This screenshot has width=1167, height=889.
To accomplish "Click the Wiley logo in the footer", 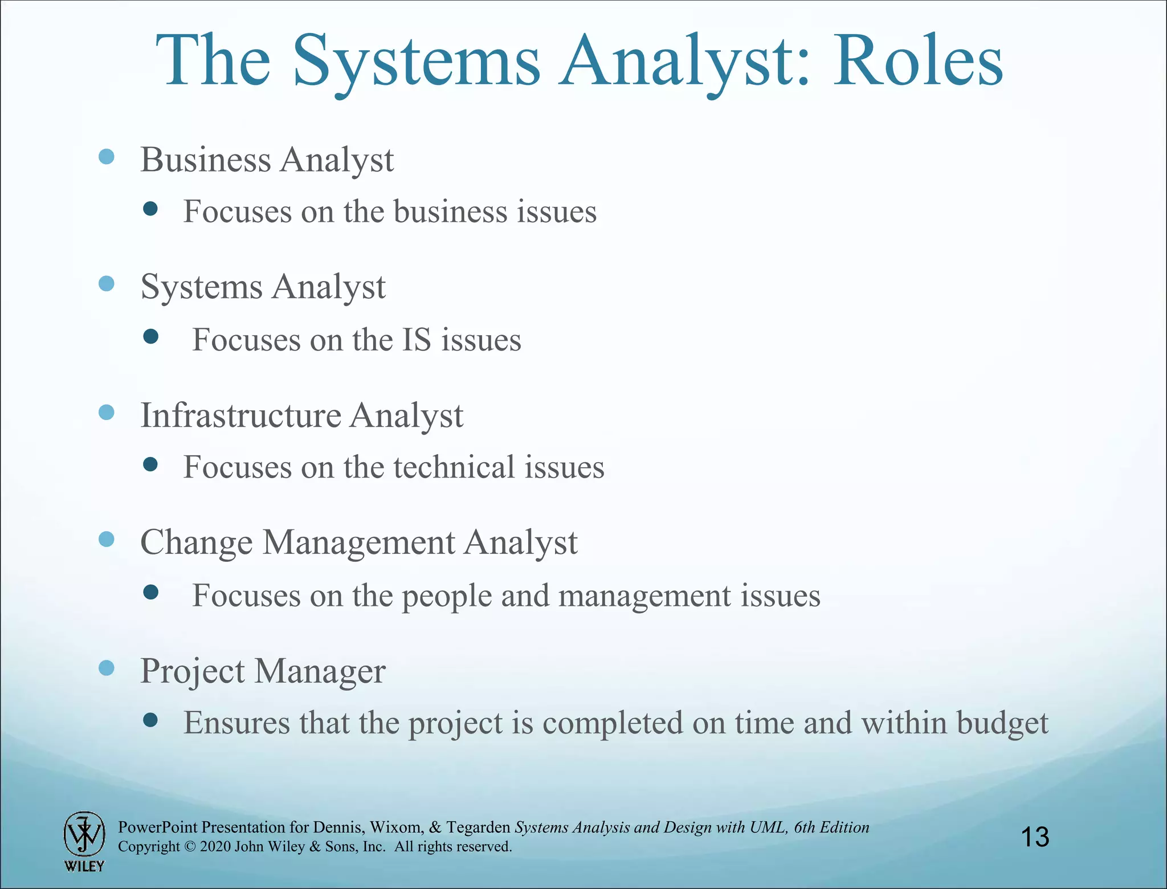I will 84,841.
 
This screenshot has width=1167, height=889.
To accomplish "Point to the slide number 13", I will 1035,837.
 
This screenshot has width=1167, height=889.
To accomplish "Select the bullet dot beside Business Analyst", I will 107,156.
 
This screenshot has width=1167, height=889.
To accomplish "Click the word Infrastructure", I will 240,415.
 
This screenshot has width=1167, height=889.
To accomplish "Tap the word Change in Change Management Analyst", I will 197,543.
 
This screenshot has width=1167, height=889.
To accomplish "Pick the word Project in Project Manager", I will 193,671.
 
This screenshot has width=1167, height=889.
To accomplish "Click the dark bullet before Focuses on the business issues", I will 150,209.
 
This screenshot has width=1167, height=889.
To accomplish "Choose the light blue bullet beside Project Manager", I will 107,667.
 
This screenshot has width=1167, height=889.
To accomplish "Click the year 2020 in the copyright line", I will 215,847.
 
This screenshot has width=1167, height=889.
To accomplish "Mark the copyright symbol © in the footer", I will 190,847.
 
